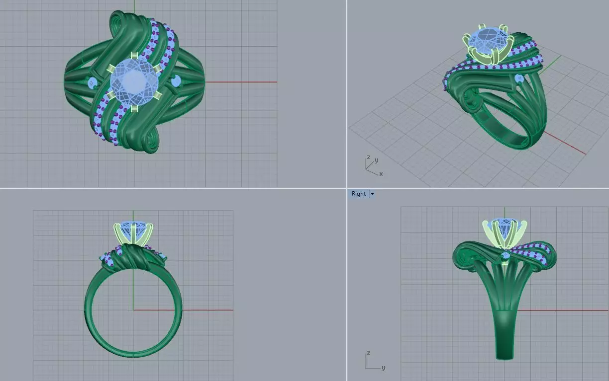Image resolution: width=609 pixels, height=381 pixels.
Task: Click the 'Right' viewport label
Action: pyautogui.click(x=358, y=194)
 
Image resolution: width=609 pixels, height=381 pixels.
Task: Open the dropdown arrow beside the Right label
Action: pyautogui.click(x=372, y=194)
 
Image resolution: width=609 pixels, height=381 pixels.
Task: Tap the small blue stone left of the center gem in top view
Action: pyautogui.click(x=92, y=82)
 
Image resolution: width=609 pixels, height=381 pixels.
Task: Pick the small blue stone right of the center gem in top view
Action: pyautogui.click(x=176, y=80)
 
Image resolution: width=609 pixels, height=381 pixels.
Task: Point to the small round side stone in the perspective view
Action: pyautogui.click(x=519, y=78)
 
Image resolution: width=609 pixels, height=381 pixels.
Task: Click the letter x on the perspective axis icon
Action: pyautogui.click(x=381, y=174)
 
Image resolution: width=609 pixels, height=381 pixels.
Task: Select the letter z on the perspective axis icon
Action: pyautogui.click(x=368, y=157)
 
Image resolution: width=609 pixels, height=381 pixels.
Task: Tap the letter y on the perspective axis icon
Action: pyautogui.click(x=377, y=160)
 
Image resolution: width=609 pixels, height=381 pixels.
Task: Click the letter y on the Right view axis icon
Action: pyautogui.click(x=383, y=368)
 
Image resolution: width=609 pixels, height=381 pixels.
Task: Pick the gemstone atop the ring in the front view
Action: pyautogui.click(x=133, y=229)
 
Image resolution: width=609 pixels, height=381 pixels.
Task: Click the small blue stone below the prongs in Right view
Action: pyautogui.click(x=506, y=255)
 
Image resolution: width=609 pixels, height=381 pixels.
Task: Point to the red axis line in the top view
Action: pyautogui.click(x=239, y=82)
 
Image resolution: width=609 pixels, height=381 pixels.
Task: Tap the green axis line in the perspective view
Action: pyautogui.click(x=552, y=62)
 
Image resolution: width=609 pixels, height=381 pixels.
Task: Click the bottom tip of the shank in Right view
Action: pyautogui.click(x=505, y=356)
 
